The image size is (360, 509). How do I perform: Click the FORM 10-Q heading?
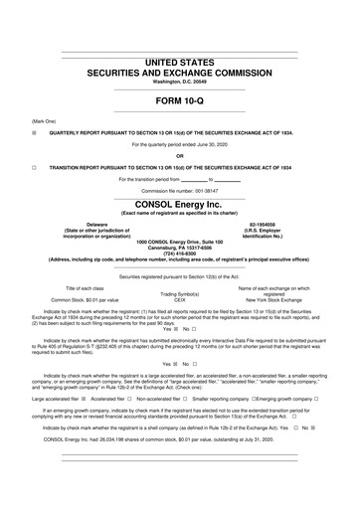pos(180,102)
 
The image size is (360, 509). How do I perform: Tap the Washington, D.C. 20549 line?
pos(180,83)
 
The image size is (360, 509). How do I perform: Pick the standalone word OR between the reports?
pos(180,155)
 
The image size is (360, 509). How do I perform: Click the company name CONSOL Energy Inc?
pos(180,202)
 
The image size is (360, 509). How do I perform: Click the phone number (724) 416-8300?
pos(180,253)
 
